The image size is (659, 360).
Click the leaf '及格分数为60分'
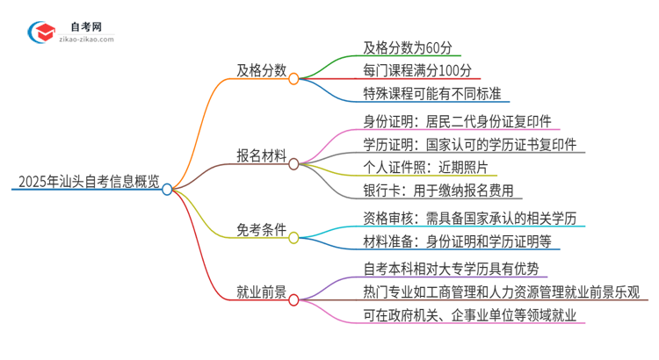coord(411,47)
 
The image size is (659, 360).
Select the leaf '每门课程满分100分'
coord(423,70)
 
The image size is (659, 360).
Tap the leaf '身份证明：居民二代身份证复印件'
coord(457,121)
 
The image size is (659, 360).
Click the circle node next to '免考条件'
coord(294,236)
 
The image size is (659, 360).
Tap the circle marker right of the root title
coord(168,189)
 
